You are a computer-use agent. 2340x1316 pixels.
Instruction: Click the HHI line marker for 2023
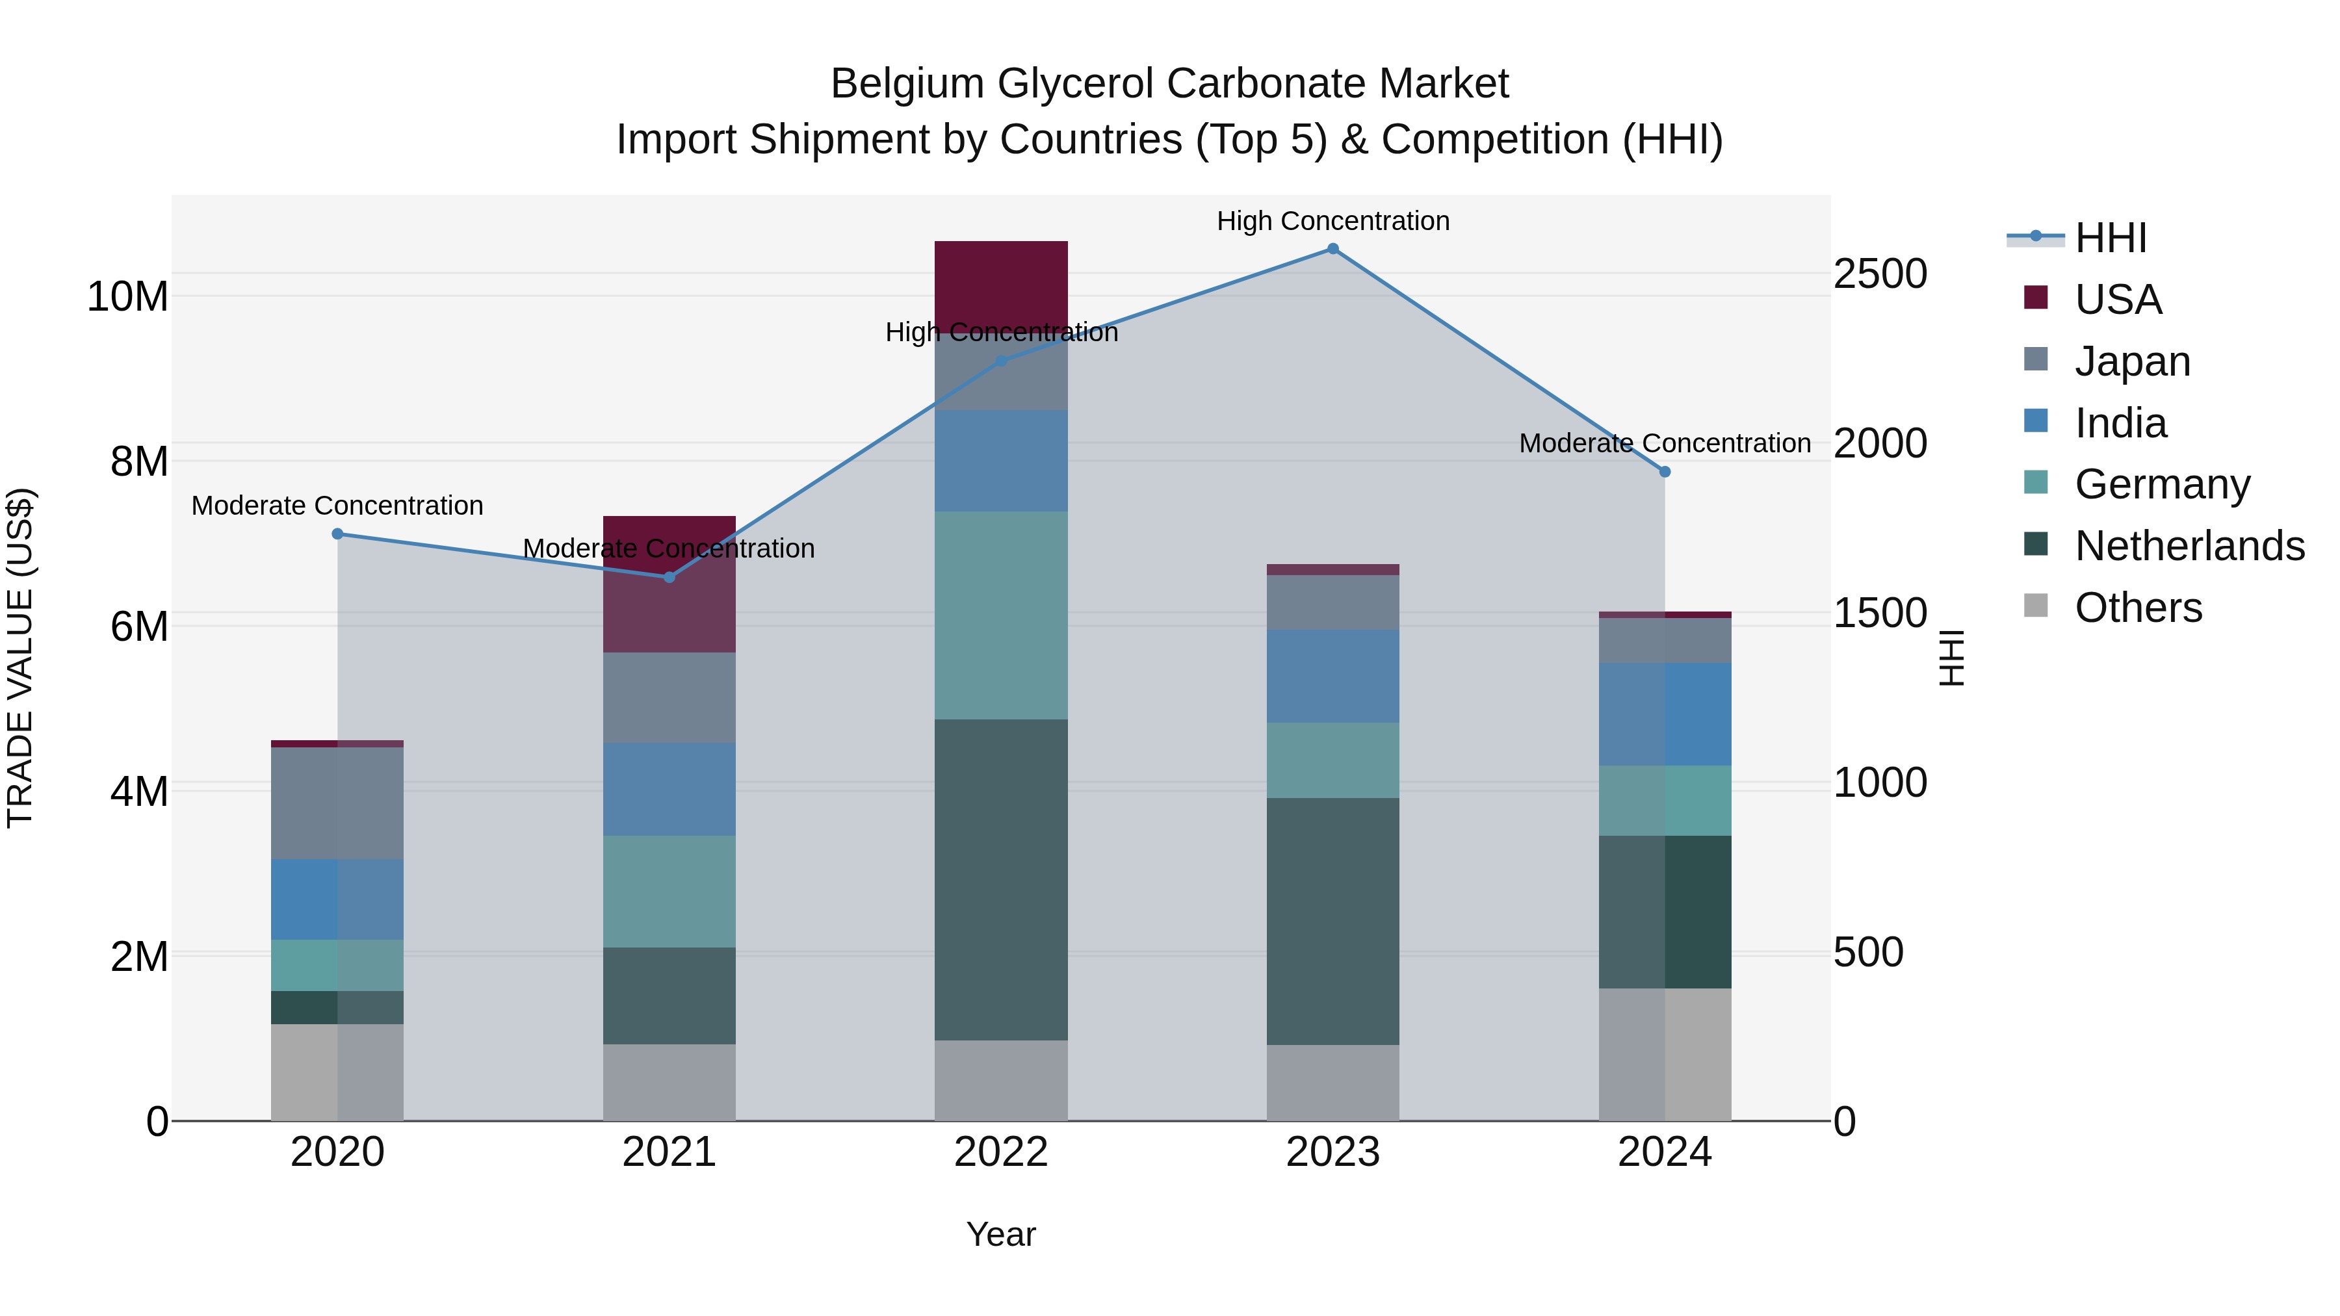pyautogui.click(x=1332, y=249)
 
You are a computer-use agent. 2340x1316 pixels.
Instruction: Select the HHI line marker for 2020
pyautogui.click(x=337, y=534)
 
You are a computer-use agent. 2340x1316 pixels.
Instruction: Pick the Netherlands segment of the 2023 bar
pyautogui.click(x=1332, y=921)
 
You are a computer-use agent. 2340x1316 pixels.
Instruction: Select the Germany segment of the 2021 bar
pyautogui.click(x=669, y=891)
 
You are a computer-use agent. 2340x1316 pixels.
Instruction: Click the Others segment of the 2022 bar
pyautogui.click(x=1001, y=1080)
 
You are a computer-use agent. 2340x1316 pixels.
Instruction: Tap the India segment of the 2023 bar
pyautogui.click(x=1332, y=676)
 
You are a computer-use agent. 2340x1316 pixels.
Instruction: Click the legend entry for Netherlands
pyautogui.click(x=2189, y=546)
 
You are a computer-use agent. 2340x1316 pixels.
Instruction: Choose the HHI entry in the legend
pyautogui.click(x=2110, y=238)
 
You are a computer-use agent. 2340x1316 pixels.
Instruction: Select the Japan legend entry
pyautogui.click(x=2132, y=361)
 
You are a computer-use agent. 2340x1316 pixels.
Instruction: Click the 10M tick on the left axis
pyautogui.click(x=127, y=297)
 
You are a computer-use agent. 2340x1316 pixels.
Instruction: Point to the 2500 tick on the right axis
pyautogui.click(x=1879, y=274)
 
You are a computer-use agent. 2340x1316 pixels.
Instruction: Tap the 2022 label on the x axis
pyautogui.click(x=1001, y=1152)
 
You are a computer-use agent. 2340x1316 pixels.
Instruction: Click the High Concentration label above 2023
pyautogui.click(x=1332, y=221)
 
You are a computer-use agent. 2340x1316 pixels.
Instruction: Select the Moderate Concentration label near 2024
pyautogui.click(x=1664, y=443)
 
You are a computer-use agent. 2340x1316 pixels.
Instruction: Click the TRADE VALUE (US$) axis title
pyautogui.click(x=20, y=658)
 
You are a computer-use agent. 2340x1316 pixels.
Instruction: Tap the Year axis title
pyautogui.click(x=1001, y=1234)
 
